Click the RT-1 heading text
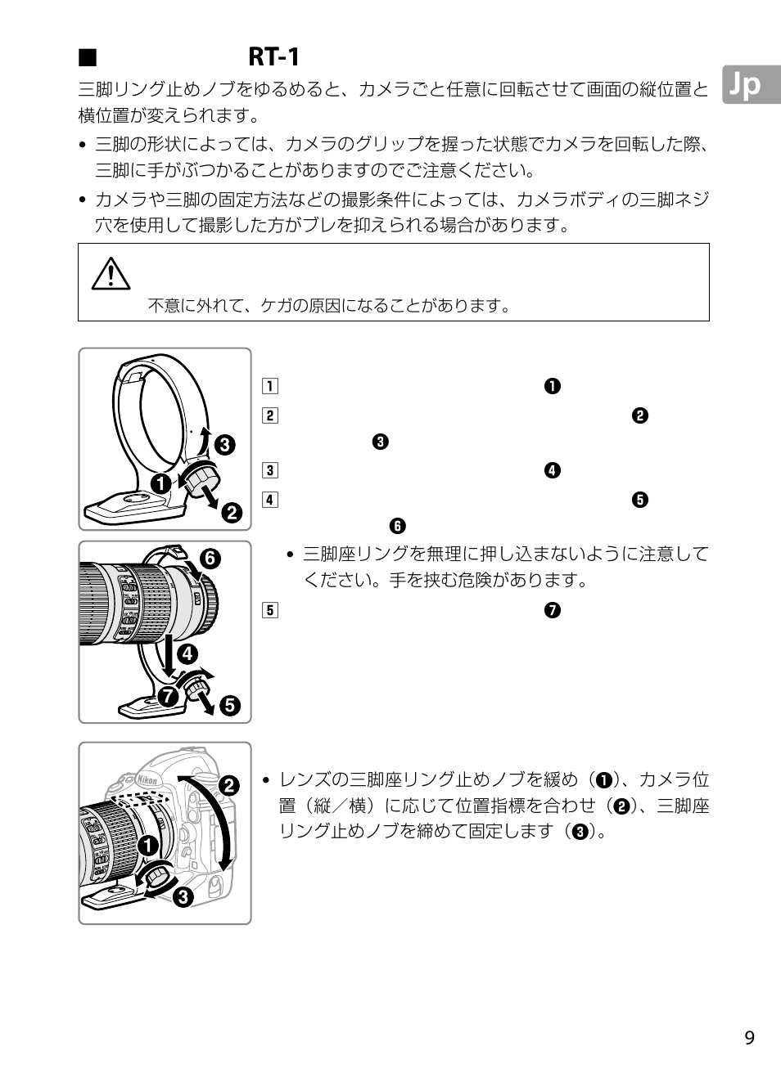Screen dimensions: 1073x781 [x=273, y=57]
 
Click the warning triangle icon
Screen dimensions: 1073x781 [x=111, y=274]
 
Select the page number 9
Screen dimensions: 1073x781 [x=749, y=1038]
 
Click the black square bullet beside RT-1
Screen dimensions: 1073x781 [x=88, y=57]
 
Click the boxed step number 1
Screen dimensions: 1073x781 [x=270, y=387]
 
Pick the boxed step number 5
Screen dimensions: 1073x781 [x=270, y=610]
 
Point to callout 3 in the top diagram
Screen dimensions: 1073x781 [x=224, y=446]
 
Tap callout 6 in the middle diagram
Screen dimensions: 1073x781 [x=210, y=559]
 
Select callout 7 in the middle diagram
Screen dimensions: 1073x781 [x=169, y=697]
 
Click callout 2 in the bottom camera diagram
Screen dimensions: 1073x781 [x=228, y=786]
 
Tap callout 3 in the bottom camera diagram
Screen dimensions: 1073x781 [x=181, y=897]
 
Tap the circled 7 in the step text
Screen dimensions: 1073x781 [x=553, y=610]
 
